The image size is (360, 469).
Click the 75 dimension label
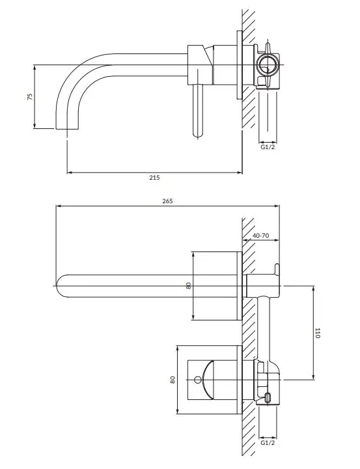coord(30,96)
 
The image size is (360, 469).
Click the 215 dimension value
coord(154,177)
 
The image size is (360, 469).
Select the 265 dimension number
coord(167,201)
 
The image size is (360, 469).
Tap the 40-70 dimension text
coord(260,235)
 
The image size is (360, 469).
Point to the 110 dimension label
coord(318,333)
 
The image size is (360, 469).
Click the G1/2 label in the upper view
coord(268,147)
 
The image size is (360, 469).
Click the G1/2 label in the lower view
coord(268,443)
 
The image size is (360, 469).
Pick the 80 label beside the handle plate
coord(173,380)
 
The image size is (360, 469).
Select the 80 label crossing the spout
coord(188,286)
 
